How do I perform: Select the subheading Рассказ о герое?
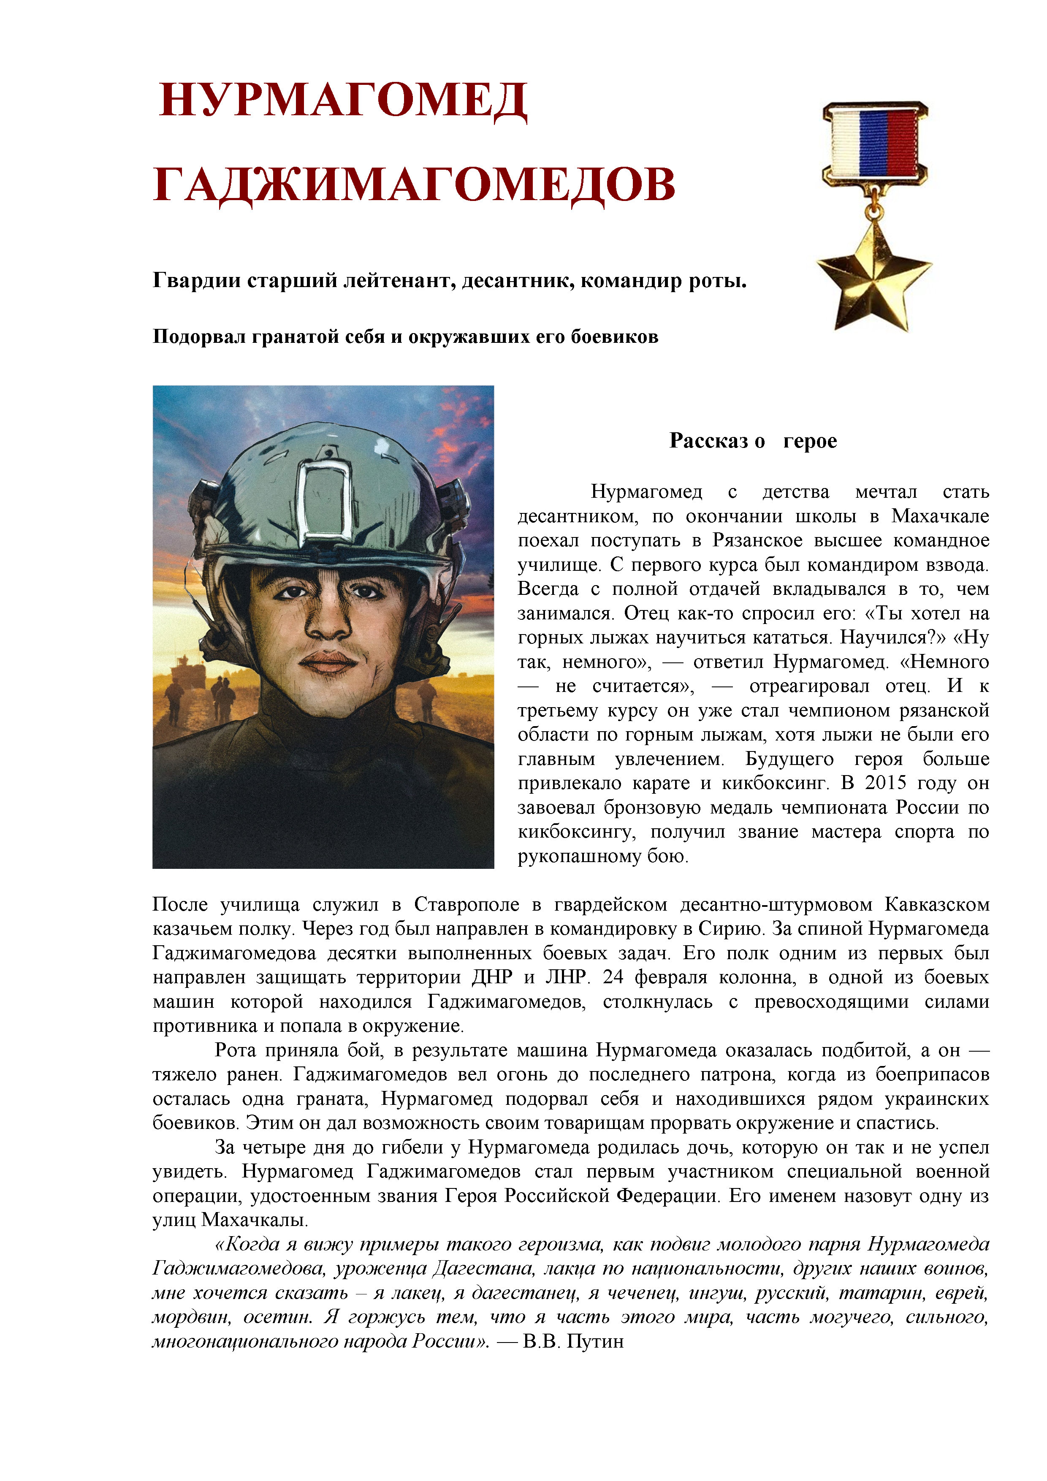point(753,441)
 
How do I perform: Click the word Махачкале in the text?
point(940,516)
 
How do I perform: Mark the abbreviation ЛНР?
point(566,977)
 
